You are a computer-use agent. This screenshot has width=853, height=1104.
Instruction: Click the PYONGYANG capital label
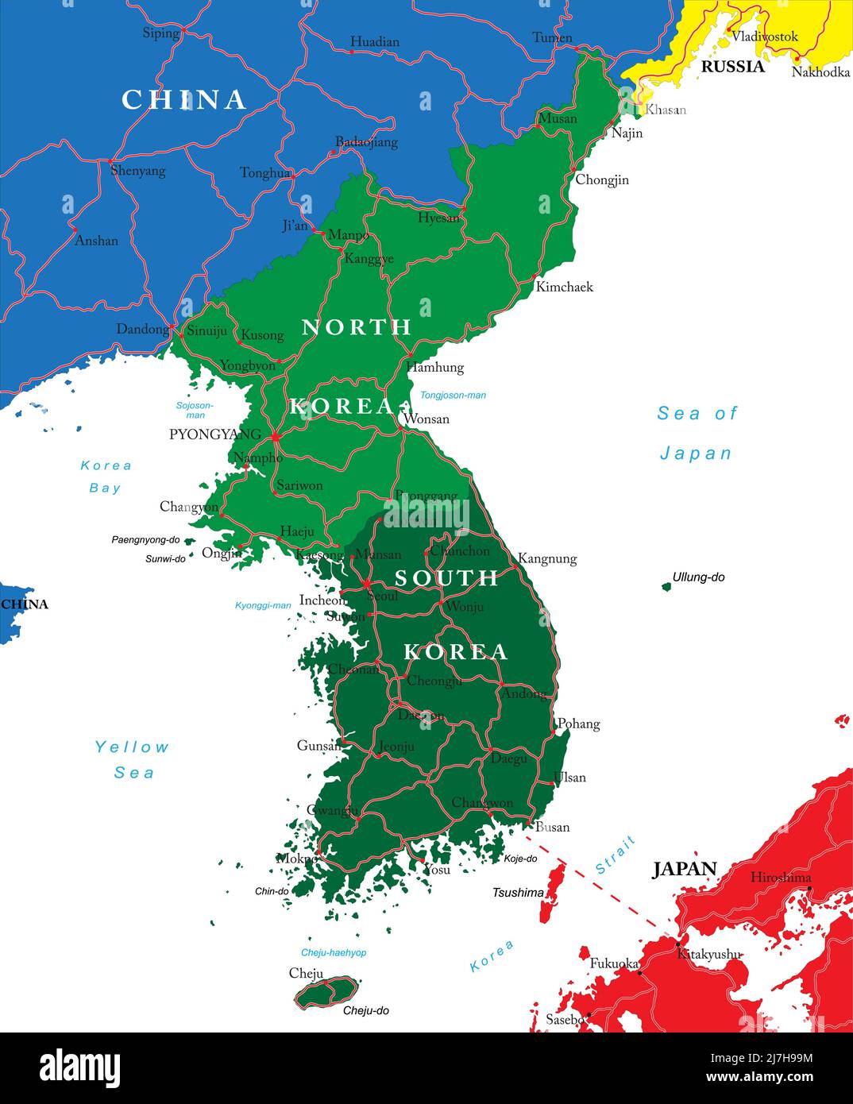click(x=214, y=434)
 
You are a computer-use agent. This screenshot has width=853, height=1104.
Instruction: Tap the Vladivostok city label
click(x=764, y=37)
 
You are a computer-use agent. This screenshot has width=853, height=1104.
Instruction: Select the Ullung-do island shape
click(x=666, y=587)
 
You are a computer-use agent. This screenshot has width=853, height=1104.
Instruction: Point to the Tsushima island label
click(x=518, y=893)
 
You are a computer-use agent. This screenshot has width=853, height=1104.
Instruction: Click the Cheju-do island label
click(x=365, y=1010)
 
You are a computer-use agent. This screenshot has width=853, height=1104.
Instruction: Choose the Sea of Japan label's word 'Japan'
click(x=696, y=454)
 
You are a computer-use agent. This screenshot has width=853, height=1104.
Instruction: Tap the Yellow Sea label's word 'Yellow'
click(x=132, y=747)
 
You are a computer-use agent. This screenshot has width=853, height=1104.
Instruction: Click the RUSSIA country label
click(x=732, y=67)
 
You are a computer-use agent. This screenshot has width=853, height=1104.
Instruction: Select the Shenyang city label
click(x=137, y=170)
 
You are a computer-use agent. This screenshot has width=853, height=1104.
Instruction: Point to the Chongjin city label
click(x=601, y=179)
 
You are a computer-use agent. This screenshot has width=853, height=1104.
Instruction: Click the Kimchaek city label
click(x=564, y=287)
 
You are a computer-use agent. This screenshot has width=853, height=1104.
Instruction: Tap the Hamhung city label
click(x=434, y=367)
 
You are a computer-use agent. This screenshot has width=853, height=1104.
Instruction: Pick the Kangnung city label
click(x=546, y=558)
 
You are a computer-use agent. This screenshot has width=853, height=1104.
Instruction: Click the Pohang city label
click(x=578, y=724)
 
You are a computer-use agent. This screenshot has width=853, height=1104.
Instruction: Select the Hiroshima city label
click(x=781, y=877)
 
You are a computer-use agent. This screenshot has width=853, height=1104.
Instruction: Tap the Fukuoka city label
click(x=613, y=963)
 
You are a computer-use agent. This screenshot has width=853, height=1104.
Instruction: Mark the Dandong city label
click(x=142, y=329)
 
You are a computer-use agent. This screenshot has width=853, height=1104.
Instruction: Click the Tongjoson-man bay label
click(x=453, y=395)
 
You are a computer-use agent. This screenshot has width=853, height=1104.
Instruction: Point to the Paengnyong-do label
click(x=145, y=540)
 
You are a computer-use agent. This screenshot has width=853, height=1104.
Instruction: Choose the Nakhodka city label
click(x=820, y=72)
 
